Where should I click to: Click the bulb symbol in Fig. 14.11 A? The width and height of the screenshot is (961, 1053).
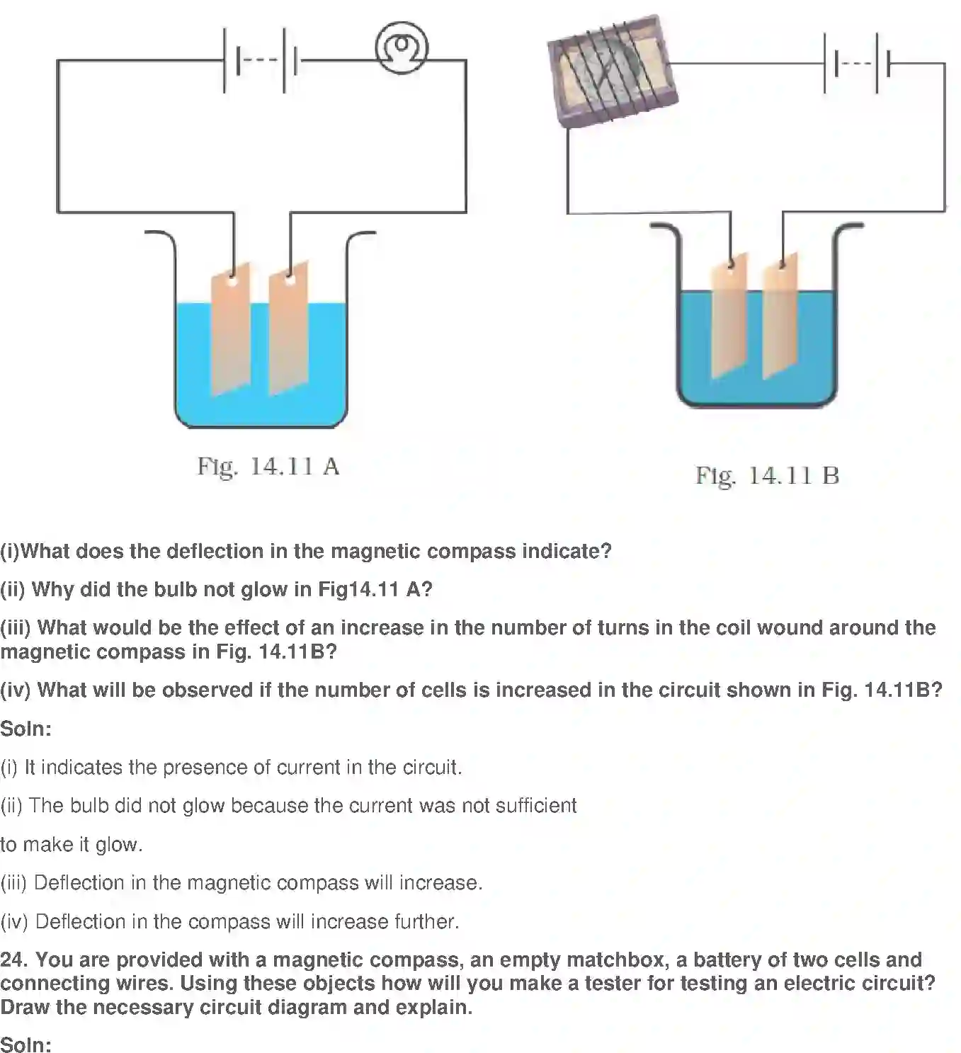(401, 49)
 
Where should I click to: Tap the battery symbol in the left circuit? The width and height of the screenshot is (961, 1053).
(260, 60)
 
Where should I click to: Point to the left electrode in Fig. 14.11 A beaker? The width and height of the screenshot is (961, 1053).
(230, 329)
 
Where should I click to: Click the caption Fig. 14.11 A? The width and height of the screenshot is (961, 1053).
(268, 466)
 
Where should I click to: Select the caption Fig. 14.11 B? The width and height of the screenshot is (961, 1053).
(767, 475)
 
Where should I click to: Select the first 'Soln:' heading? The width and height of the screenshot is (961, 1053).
(26, 728)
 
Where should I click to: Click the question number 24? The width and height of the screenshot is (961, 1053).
(13, 960)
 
